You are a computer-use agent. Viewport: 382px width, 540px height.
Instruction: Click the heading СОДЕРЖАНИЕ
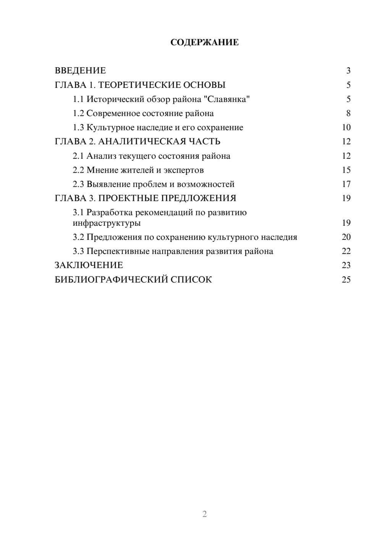pos(204,42)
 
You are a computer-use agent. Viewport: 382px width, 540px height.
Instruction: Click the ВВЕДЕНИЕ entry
pos(80,71)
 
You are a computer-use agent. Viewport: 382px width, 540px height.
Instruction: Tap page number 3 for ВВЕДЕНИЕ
pos(348,71)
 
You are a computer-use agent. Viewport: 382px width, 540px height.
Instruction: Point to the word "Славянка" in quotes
pos(227,99)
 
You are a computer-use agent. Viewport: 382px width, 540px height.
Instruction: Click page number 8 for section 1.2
pos(348,113)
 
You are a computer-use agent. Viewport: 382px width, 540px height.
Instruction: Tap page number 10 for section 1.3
pos(346,128)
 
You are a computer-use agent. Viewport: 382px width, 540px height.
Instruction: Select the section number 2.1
pos(78,156)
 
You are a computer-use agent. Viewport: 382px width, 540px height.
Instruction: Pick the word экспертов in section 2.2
pos(184,170)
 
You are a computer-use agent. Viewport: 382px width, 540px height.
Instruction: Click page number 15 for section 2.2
pos(346,170)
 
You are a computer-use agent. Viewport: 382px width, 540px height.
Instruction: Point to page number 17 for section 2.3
pos(346,184)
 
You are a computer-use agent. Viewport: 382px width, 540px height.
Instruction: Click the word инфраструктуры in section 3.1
pos(107,223)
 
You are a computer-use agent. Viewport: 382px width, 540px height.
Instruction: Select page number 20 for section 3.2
pos(346,237)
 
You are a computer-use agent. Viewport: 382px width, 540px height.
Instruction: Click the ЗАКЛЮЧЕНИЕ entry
pos(89,265)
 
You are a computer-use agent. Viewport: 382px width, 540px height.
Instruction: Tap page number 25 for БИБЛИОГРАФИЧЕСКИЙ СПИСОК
pos(346,280)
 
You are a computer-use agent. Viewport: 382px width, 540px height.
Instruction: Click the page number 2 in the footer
pos(204,514)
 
